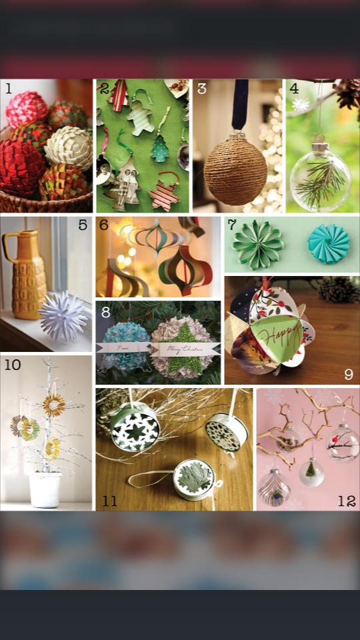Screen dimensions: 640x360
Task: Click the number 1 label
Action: pos(9,89)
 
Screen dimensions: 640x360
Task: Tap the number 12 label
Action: pos(346,501)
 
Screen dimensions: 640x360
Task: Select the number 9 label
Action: pos(348,374)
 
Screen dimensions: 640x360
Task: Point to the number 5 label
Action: pos(83,225)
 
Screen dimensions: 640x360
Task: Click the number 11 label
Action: pos(110,501)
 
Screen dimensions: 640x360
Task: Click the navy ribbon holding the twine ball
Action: pos(240,104)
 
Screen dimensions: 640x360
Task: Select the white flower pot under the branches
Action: pos(45,489)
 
